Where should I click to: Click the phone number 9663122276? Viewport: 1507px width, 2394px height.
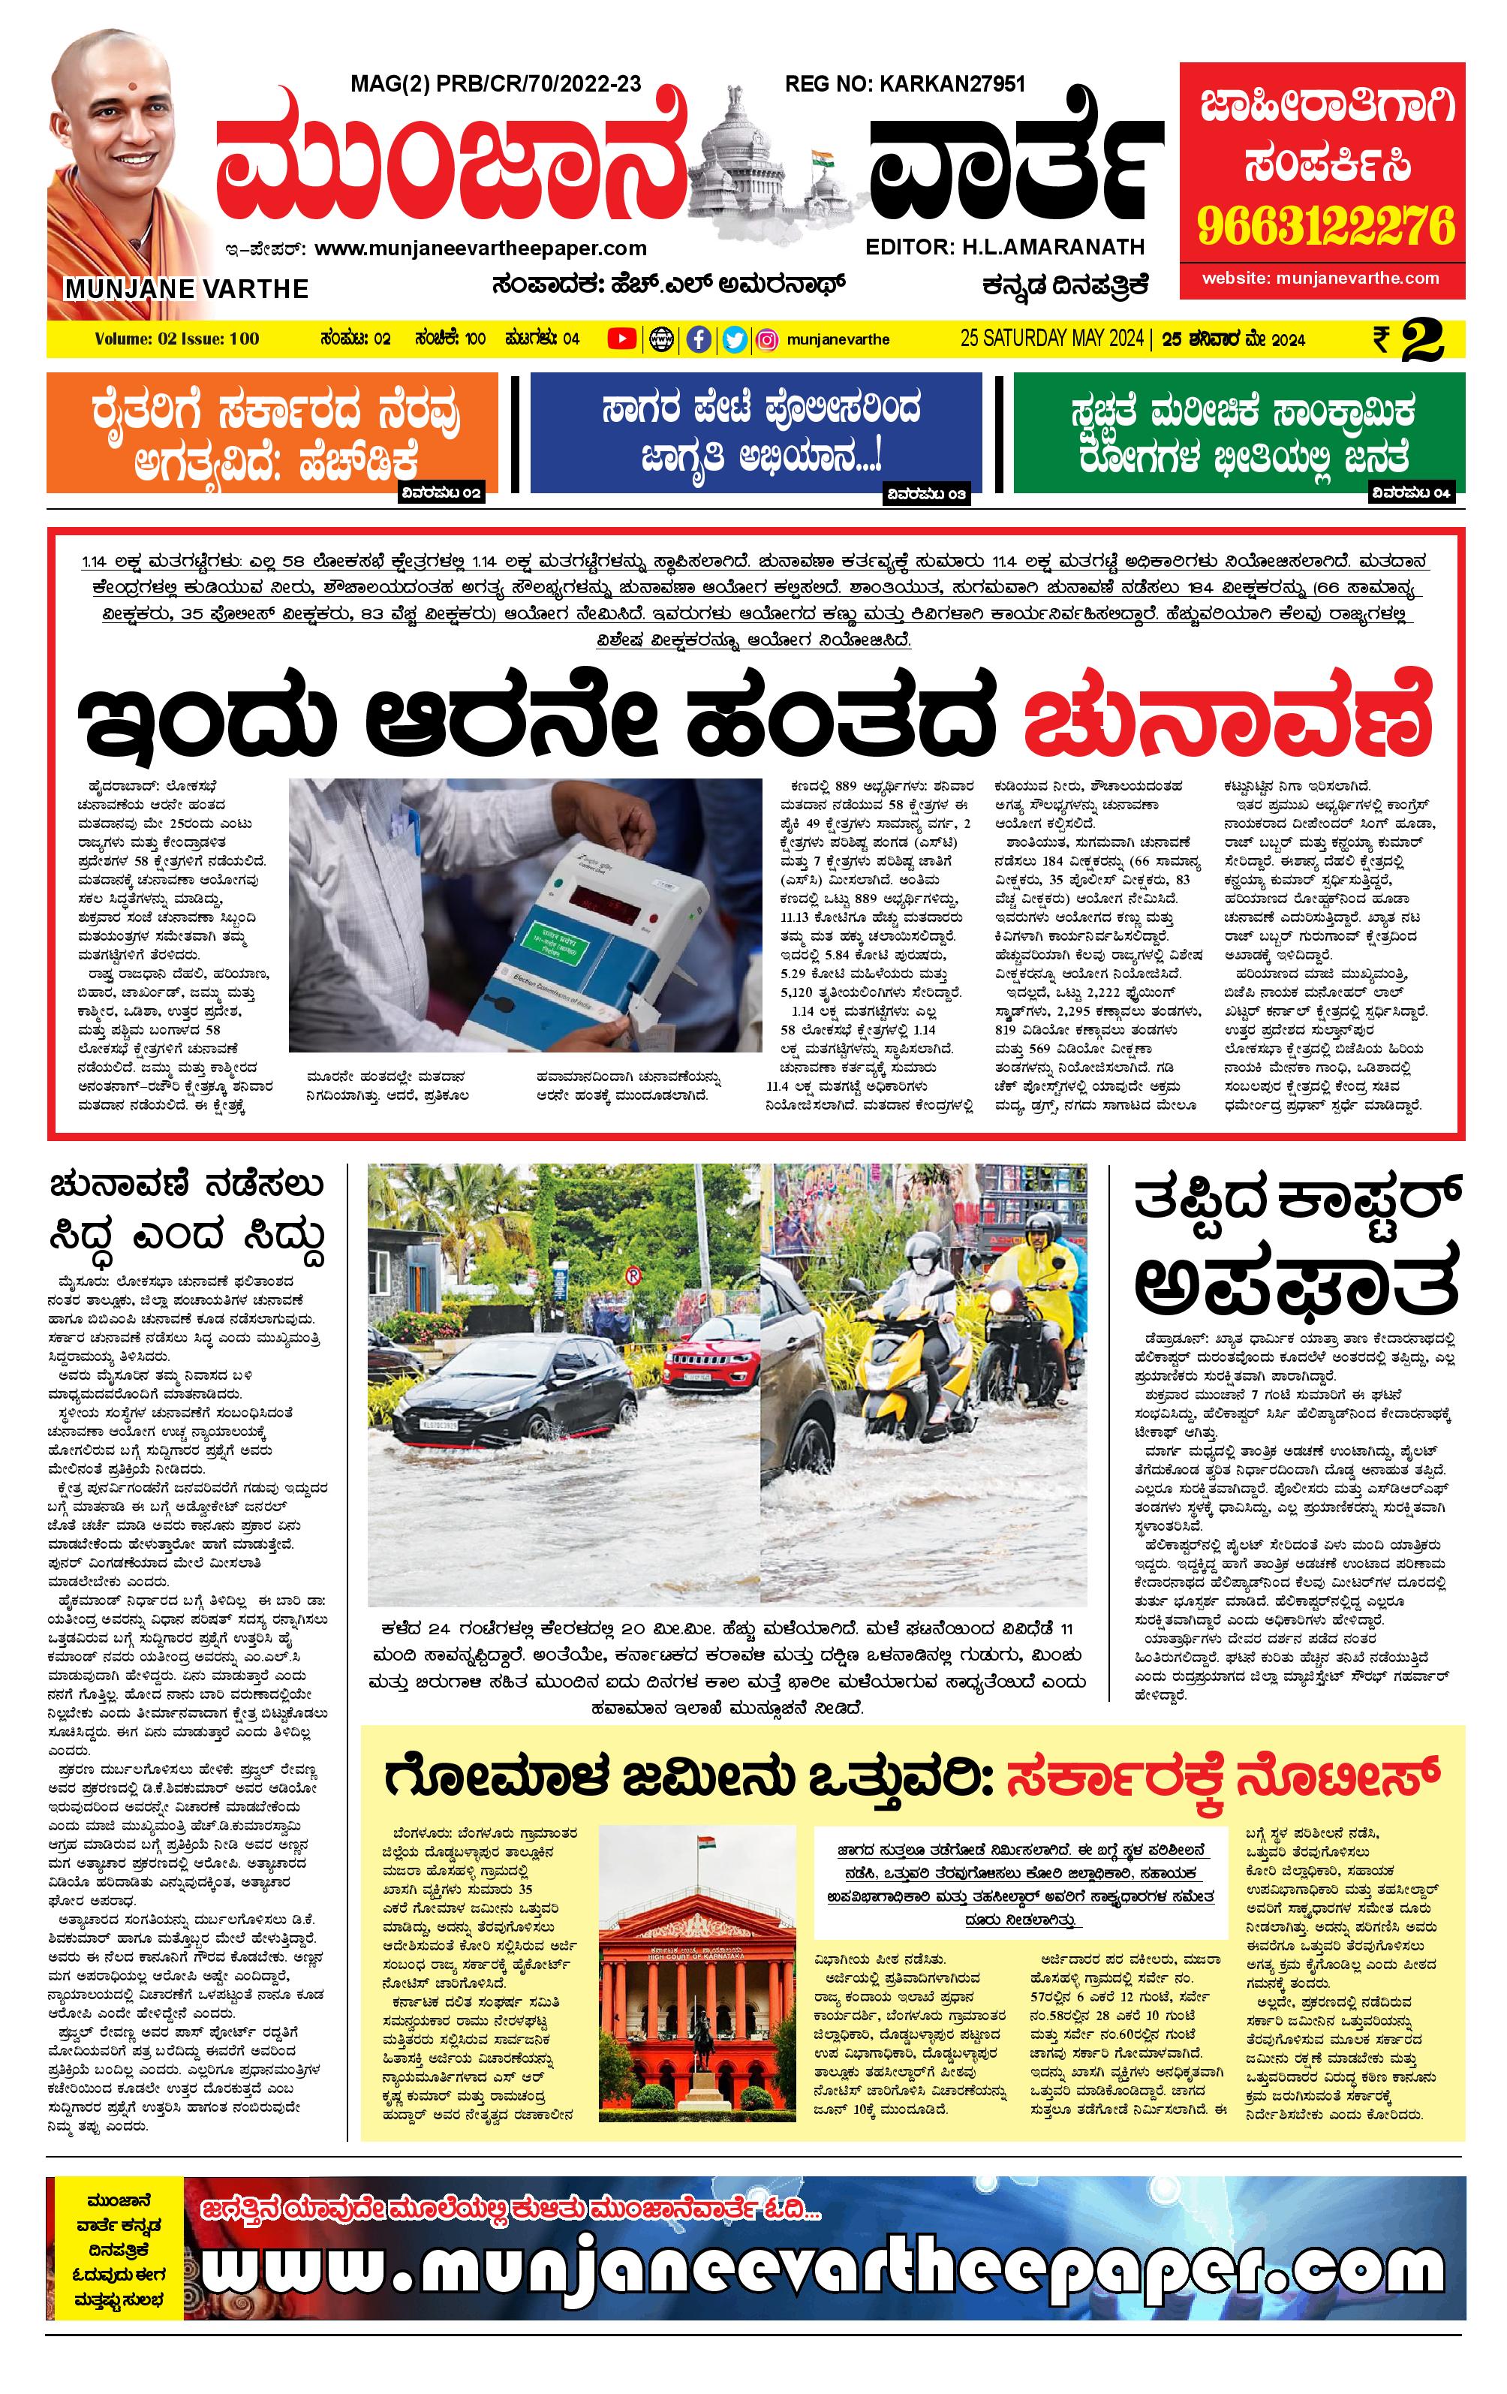[x=1325, y=227]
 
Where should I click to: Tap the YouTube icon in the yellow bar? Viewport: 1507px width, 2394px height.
[x=622, y=340]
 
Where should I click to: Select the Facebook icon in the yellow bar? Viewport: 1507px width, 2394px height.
[x=699, y=340]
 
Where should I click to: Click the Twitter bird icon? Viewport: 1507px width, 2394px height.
[x=734, y=340]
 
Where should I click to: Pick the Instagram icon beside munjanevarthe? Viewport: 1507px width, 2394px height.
[x=768, y=340]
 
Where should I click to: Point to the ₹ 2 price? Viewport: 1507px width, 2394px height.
[x=1408, y=340]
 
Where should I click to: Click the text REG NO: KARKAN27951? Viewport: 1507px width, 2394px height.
[x=904, y=85]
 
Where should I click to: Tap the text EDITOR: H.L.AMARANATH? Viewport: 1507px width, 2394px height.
[x=1005, y=246]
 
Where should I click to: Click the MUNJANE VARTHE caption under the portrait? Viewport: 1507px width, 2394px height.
[x=187, y=289]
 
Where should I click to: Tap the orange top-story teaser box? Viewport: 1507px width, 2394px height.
[x=272, y=432]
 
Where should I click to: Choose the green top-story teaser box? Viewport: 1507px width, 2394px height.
[x=1238, y=432]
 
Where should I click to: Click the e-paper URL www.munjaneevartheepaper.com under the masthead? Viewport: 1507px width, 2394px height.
[x=480, y=248]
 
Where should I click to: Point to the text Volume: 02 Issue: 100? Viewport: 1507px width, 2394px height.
[x=177, y=339]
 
